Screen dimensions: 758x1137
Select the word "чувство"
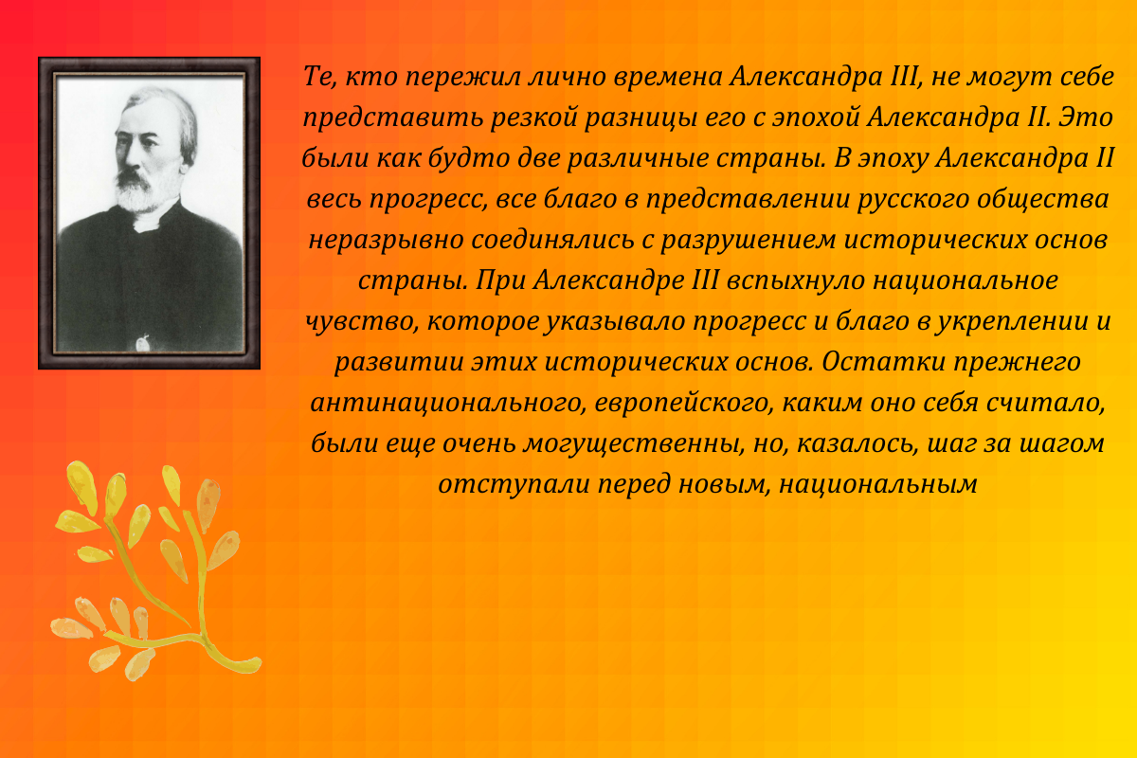(361, 321)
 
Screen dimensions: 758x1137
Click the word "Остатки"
(886, 362)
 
